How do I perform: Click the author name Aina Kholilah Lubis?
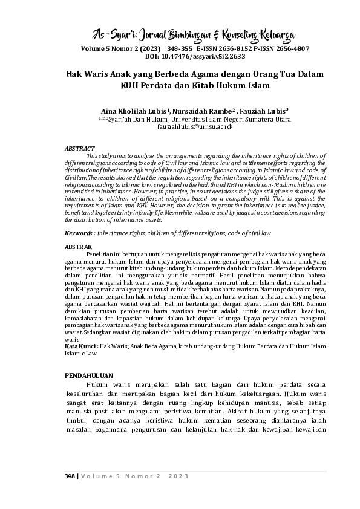click(x=136, y=111)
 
